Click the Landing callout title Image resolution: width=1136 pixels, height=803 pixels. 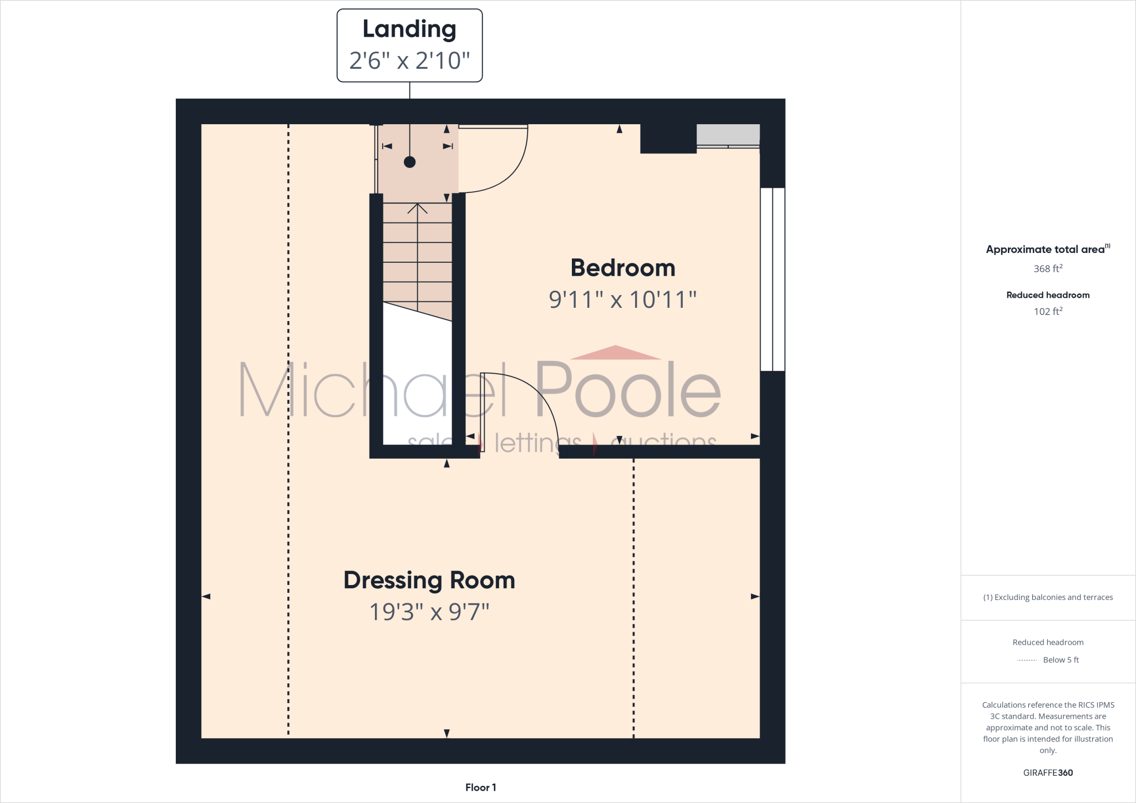point(409,29)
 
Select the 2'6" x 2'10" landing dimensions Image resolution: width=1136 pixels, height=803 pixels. point(409,60)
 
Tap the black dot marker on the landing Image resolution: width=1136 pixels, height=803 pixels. point(409,162)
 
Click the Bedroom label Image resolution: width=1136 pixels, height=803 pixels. point(622,268)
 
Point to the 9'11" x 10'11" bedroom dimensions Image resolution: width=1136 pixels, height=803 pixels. point(622,299)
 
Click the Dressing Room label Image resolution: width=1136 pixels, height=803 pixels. point(429,580)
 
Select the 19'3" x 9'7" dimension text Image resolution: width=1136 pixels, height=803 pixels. point(429,612)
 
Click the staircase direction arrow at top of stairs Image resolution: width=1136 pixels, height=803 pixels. point(417,209)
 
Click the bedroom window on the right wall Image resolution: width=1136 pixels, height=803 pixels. point(772,279)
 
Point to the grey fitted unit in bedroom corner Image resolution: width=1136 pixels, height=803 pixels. point(728,134)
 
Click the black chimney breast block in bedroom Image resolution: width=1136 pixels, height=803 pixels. point(668,138)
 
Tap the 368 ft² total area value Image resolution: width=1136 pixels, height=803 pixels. point(1047,268)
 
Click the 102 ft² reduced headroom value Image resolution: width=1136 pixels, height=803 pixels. point(1047,311)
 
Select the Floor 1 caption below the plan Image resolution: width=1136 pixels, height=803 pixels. point(480,787)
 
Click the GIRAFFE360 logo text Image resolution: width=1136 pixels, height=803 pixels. point(1047,772)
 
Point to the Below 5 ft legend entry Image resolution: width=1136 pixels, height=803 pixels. point(1060,659)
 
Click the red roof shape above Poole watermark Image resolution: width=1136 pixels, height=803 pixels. point(615,353)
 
